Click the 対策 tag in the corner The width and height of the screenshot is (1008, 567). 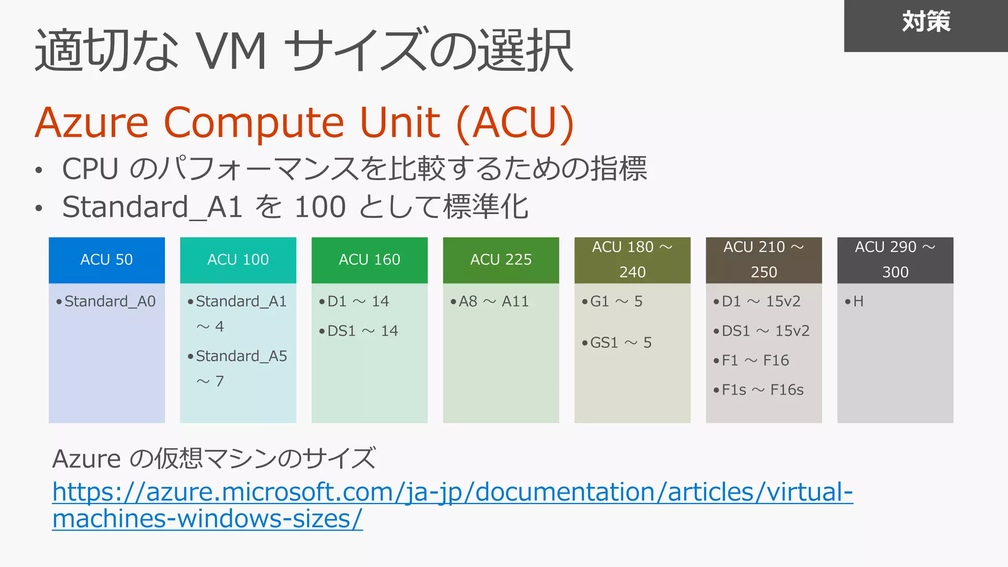[x=926, y=23]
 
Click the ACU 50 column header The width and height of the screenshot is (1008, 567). [x=107, y=260]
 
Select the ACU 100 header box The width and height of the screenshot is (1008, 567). [x=238, y=260]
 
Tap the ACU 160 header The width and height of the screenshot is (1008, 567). [x=370, y=260]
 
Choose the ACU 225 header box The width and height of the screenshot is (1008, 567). [x=501, y=260]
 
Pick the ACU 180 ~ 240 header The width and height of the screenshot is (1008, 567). [x=632, y=260]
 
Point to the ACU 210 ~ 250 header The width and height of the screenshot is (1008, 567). [x=764, y=260]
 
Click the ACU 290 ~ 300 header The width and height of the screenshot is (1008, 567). [x=895, y=260]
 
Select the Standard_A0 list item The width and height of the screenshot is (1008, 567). [x=110, y=301]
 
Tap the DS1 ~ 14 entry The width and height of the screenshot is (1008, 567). [x=362, y=331]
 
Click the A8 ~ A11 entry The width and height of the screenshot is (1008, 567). [x=494, y=301]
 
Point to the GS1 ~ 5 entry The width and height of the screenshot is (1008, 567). [x=621, y=343]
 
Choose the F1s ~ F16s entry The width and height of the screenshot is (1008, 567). [x=762, y=390]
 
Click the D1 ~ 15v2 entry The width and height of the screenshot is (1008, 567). [x=761, y=301]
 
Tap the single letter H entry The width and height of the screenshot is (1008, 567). [x=858, y=301]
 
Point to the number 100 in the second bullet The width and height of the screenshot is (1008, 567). [x=320, y=207]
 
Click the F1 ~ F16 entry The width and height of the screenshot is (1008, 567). [x=755, y=360]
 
